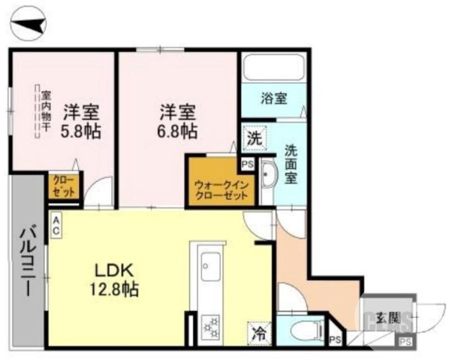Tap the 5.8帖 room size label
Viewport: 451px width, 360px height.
coord(81,132)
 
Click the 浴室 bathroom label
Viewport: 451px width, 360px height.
coord(274,99)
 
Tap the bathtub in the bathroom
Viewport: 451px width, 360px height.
coord(273,68)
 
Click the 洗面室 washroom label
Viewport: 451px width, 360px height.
coord(291,164)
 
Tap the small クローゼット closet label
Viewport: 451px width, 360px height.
coord(63,185)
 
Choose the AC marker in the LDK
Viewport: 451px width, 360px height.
coord(58,225)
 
